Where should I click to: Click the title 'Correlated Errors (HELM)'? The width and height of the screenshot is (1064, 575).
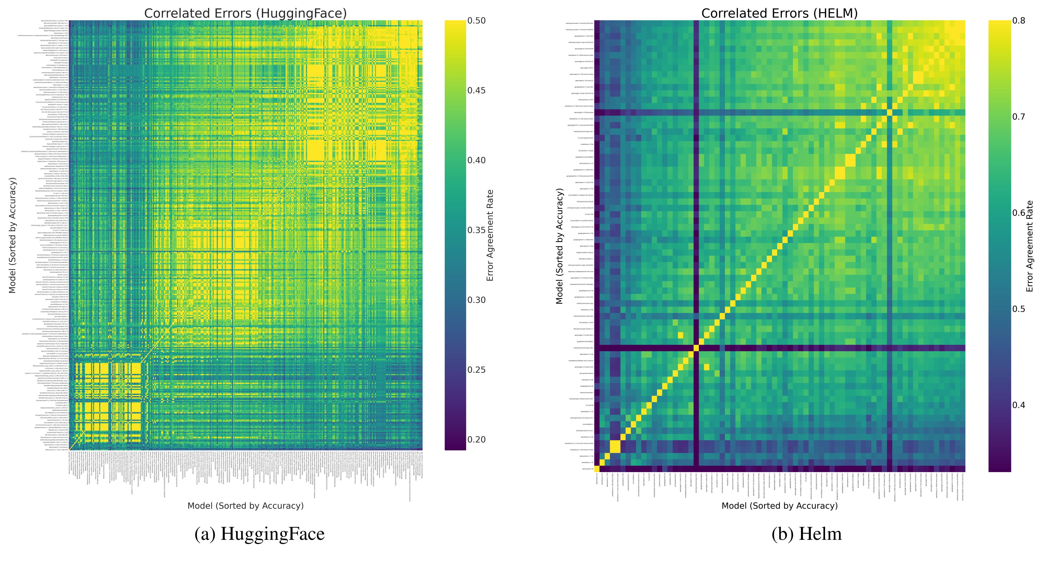[x=779, y=13]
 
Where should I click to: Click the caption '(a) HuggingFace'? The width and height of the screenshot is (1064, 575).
[x=260, y=534]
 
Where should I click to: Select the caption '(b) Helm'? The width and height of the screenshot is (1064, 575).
[x=806, y=534]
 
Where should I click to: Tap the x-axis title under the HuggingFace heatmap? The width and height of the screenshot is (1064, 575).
[x=245, y=506]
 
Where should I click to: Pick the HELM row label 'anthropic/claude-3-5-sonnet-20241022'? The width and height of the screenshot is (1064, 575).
[x=580, y=23]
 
